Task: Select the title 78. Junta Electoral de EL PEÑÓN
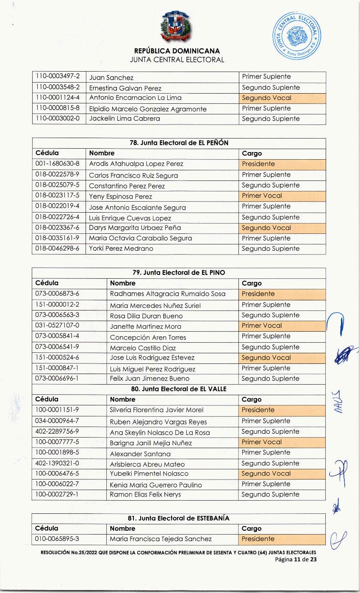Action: pyautogui.click(x=179, y=143)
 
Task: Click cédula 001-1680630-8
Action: pyautogui.click(x=57, y=164)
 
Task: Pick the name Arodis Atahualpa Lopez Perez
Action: pyautogui.click(x=136, y=164)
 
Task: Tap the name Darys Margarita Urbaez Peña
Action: pyautogui.click(x=135, y=228)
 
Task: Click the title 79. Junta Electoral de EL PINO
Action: pyautogui.click(x=179, y=273)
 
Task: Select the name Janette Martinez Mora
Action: pyautogui.click(x=145, y=326)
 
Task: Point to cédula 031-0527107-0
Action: pyautogui.click(x=57, y=326)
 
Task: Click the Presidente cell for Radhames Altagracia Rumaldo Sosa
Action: pyautogui.click(x=258, y=294)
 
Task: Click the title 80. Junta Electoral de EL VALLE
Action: pyautogui.click(x=179, y=389)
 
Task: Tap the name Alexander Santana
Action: pyautogui.click(x=140, y=454)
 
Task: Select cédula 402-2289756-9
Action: pyautogui.click(x=57, y=432)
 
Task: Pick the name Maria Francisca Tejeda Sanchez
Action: pyautogui.click(x=161, y=539)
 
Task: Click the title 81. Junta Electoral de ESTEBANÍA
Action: pyautogui.click(x=179, y=518)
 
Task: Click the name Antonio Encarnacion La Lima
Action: pyautogui.click(x=135, y=98)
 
